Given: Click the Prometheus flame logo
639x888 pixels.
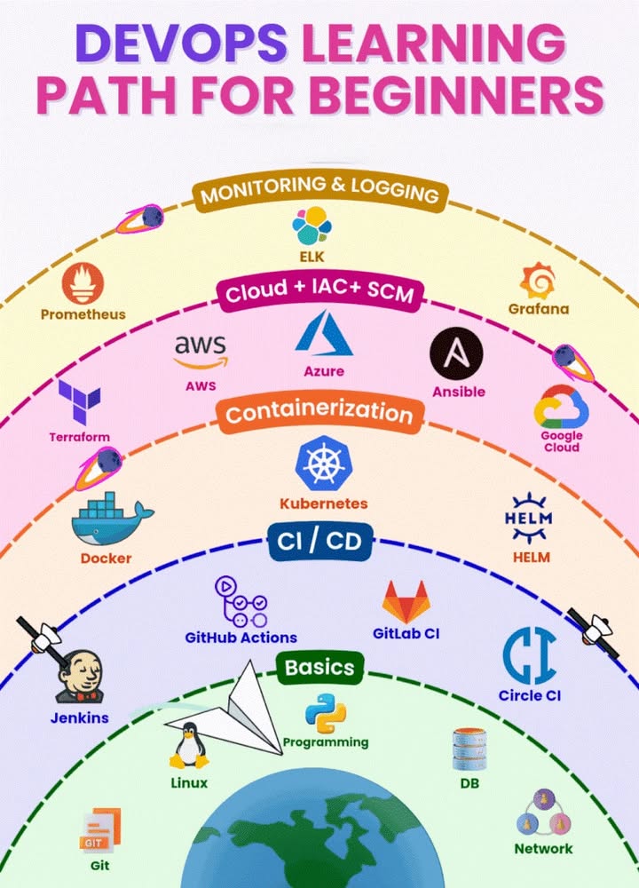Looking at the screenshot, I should [83, 284].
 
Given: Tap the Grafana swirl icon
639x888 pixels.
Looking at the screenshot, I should [539, 281].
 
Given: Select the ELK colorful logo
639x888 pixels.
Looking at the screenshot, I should [312, 226].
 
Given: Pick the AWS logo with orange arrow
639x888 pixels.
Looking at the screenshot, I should [200, 350].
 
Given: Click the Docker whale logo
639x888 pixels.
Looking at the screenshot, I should [110, 519].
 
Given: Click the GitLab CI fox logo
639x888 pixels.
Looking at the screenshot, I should [406, 602].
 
